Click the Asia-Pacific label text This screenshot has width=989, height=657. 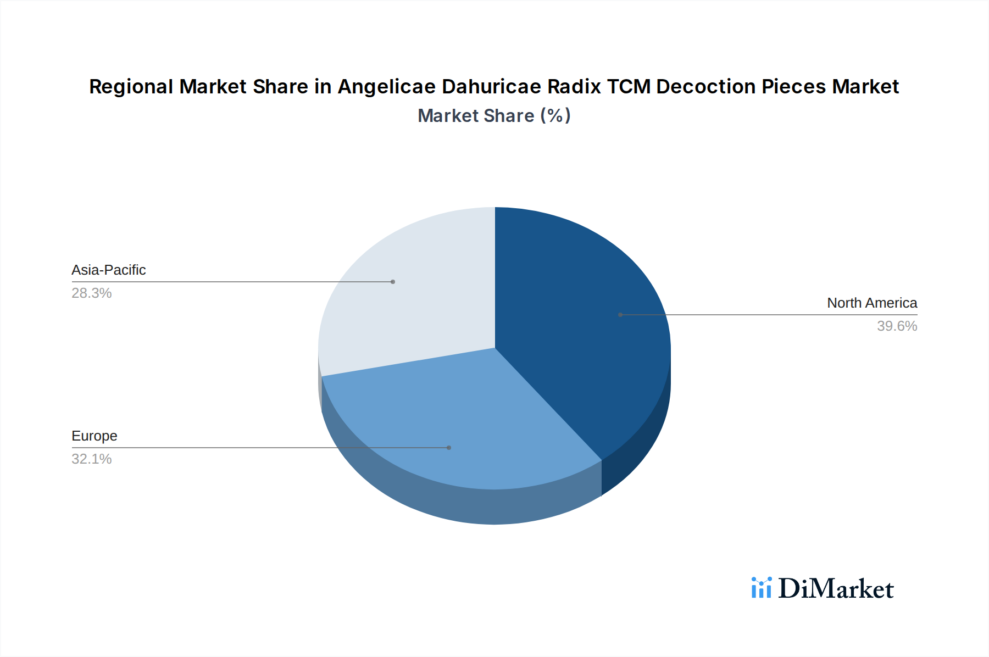108,270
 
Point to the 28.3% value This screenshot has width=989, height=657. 91,293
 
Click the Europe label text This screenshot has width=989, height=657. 94,436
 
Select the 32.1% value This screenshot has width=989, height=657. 91,459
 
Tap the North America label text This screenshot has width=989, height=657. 871,303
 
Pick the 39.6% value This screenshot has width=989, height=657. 897,326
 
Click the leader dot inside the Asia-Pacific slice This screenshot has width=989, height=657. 393,282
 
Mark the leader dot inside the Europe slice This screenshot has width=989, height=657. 449,448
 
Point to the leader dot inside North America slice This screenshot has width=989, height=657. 620,315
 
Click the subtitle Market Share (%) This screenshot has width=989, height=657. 494,116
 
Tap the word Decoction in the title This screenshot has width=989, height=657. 706,87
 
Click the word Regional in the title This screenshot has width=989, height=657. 131,87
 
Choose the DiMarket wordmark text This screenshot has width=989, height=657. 836,589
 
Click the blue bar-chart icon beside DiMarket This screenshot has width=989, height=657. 761,588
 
